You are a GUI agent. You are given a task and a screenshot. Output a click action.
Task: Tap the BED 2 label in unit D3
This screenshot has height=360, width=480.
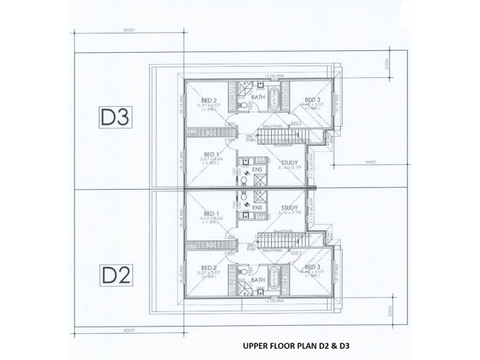point(209,100)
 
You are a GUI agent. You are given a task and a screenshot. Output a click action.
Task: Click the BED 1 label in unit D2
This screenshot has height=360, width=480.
point(211,213)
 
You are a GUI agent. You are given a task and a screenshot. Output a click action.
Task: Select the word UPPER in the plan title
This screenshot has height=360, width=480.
point(257,346)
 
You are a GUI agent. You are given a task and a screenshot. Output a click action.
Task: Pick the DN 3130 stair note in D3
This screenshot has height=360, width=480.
point(250,140)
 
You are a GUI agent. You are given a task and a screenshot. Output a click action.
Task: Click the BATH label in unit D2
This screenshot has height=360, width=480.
point(258,280)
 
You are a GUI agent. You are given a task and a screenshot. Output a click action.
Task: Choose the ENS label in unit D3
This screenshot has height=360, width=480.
point(258,171)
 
